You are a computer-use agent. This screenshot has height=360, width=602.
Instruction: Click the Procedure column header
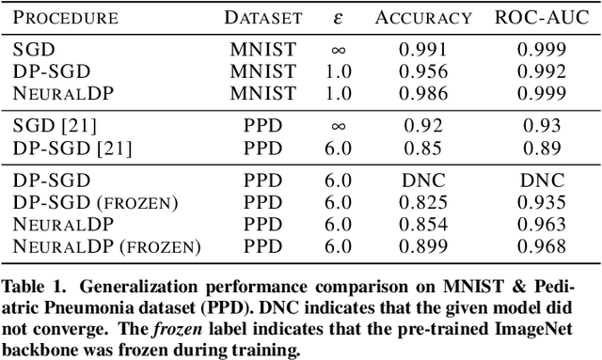(x=66, y=17)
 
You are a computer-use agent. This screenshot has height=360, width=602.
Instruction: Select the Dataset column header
(x=262, y=17)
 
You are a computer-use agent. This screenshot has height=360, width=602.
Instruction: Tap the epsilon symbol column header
(x=341, y=17)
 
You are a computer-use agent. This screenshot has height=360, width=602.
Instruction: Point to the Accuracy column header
(x=422, y=17)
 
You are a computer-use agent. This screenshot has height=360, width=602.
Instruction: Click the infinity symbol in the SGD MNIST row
(x=341, y=50)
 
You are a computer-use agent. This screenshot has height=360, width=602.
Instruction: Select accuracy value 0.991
(x=422, y=50)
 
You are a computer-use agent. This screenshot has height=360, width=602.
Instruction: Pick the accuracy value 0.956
(x=422, y=70)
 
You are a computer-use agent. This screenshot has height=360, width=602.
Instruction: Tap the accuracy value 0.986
(x=422, y=92)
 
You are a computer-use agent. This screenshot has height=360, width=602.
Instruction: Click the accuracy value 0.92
(x=422, y=125)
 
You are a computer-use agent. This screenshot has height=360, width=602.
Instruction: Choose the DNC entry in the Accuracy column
(x=422, y=180)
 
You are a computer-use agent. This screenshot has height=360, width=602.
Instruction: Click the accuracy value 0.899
(x=422, y=246)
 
